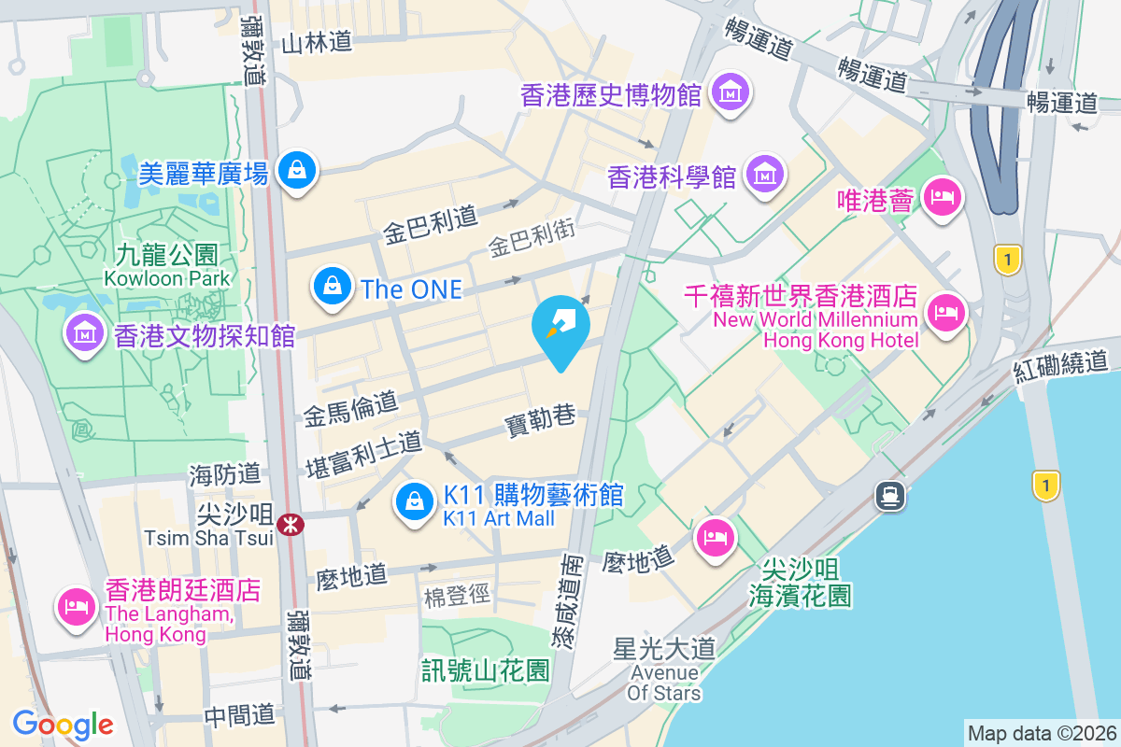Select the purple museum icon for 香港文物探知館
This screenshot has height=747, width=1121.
84,332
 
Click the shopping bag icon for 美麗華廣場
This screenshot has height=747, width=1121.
296,169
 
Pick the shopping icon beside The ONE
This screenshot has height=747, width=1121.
333,286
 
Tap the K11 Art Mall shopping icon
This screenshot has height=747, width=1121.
413,502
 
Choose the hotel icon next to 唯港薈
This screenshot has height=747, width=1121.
941,197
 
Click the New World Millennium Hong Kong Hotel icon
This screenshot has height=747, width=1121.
947,312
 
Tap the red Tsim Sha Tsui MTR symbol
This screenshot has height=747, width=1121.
292,525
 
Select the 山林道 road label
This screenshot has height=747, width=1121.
318,42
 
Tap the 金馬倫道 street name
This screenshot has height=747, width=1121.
350,408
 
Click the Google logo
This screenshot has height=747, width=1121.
63,724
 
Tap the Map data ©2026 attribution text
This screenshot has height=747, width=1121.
1041,733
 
